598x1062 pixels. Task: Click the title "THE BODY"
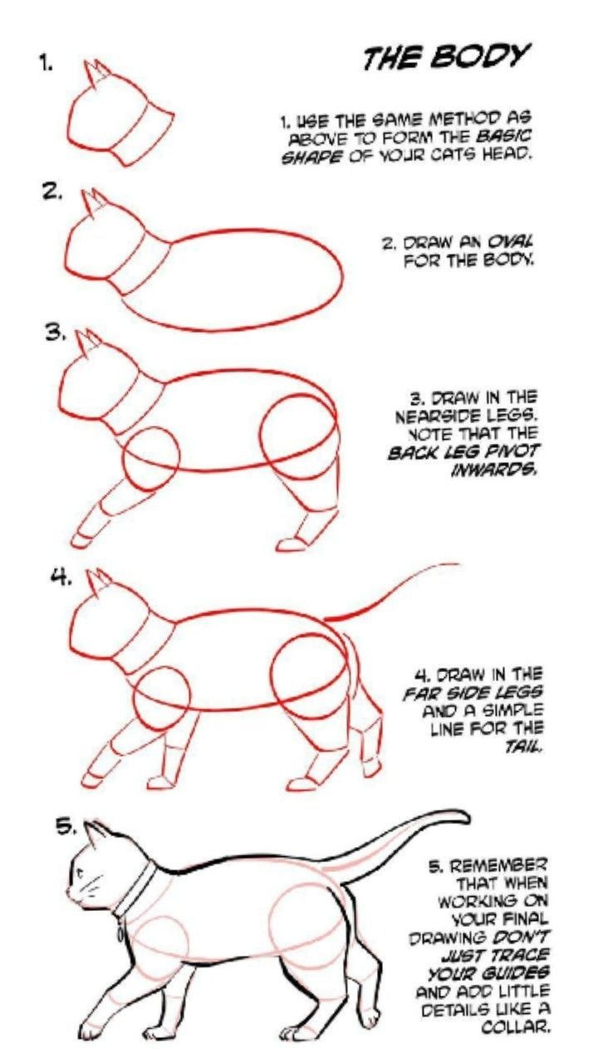[x=446, y=57]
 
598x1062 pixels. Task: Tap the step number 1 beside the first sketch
[x=46, y=64]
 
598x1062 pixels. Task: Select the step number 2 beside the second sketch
[x=52, y=192]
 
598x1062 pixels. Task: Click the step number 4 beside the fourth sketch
[x=62, y=579]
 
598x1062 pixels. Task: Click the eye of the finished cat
[x=81, y=871]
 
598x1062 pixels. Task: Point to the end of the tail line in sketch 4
[x=458, y=564]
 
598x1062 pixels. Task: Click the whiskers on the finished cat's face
[x=91, y=883]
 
